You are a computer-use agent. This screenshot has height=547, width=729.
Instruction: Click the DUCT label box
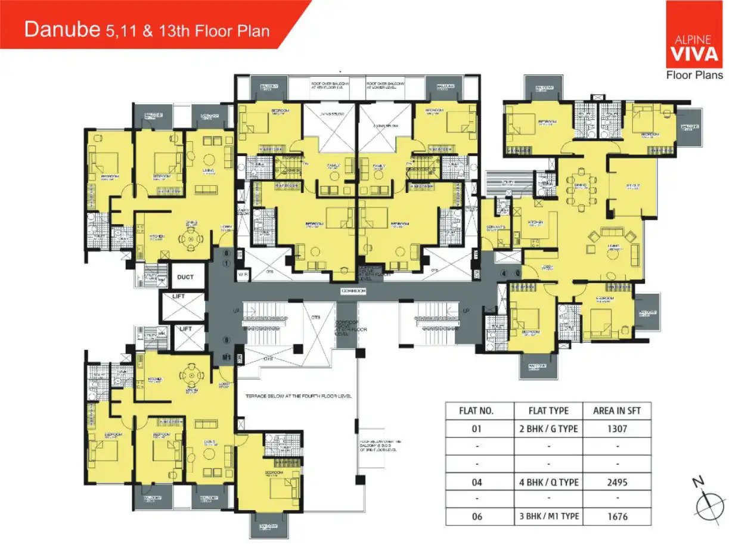(185, 277)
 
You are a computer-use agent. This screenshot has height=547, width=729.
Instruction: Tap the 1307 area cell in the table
(616, 428)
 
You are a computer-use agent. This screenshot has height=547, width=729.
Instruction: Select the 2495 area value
(616, 482)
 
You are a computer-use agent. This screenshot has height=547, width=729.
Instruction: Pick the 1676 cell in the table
(616, 517)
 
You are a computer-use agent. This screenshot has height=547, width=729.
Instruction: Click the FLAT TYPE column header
(548, 411)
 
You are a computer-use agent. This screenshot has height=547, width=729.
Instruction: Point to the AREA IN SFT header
(616, 411)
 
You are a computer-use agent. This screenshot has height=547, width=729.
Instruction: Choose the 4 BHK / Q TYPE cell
(548, 482)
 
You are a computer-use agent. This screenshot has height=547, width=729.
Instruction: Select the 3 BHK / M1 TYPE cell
(548, 517)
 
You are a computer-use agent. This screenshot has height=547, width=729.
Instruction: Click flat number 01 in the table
(479, 428)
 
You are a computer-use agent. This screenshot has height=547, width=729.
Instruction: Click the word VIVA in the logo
(694, 54)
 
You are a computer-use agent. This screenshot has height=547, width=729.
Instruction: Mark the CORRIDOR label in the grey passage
(353, 291)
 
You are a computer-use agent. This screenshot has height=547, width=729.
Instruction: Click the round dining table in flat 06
(191, 375)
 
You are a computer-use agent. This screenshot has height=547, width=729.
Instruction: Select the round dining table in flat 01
(191, 239)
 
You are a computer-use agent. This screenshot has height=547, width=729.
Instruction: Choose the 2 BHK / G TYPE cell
(548, 428)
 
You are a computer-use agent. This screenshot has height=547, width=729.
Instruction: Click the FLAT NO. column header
(479, 411)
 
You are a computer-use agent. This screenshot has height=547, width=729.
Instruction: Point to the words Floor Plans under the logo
(694, 75)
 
